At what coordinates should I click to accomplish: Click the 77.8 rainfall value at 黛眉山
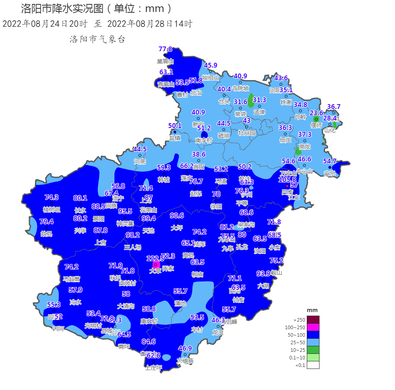pos(165,49)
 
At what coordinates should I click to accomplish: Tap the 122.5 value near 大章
pos(155,258)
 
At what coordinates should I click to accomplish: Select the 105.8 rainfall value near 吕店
pos(287,180)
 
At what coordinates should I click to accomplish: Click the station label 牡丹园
pos(246,133)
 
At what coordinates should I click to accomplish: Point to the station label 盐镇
pos(175,138)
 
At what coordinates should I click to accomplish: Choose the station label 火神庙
pos(185,361)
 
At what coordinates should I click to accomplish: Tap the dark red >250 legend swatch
pos(313,320)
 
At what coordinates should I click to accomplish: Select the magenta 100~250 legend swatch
pos(313,327)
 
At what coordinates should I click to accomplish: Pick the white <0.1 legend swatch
pos(313,365)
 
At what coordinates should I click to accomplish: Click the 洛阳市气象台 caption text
pos(97,39)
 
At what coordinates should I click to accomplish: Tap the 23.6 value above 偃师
pos(316,113)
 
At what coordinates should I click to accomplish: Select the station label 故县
pos(46,234)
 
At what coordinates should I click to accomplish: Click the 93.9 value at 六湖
pos(263,274)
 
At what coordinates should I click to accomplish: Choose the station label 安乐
pos(329,174)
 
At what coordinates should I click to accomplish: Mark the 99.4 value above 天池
pos(149,218)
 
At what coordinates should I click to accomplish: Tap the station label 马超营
pos(72,279)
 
